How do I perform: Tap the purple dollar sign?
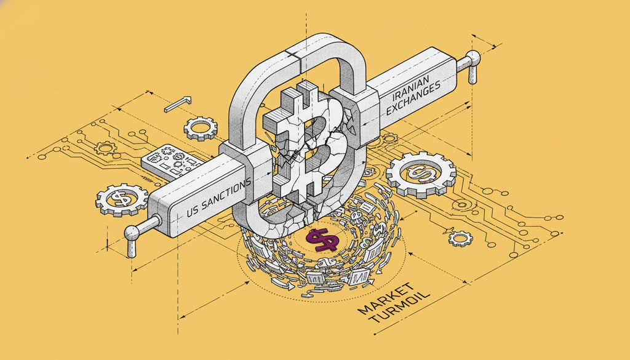(321, 239)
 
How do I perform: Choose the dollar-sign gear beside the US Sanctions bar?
(121, 199)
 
